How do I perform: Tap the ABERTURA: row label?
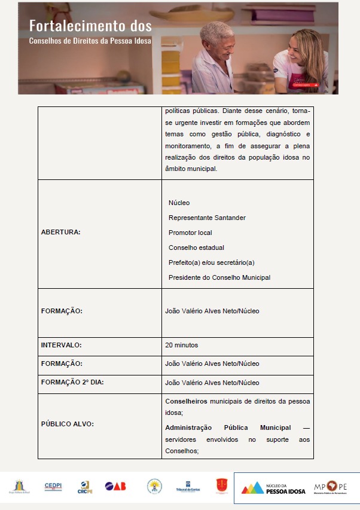point(61,231)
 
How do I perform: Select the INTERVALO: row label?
point(61,345)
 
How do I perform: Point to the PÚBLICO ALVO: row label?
point(68,423)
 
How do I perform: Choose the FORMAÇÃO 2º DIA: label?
point(72,382)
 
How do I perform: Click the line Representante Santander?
point(207,218)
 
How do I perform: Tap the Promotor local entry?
point(190,233)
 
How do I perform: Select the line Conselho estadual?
point(196,248)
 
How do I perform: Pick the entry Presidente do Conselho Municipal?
point(219,277)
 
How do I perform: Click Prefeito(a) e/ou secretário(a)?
point(212,262)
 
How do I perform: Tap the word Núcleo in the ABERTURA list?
point(179,203)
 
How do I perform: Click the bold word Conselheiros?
point(186,401)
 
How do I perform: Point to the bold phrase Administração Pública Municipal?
point(228,427)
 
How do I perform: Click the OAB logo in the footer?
point(115,487)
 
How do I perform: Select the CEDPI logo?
point(53,487)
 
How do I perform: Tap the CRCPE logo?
point(84,487)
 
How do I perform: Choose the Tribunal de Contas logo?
point(187,487)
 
